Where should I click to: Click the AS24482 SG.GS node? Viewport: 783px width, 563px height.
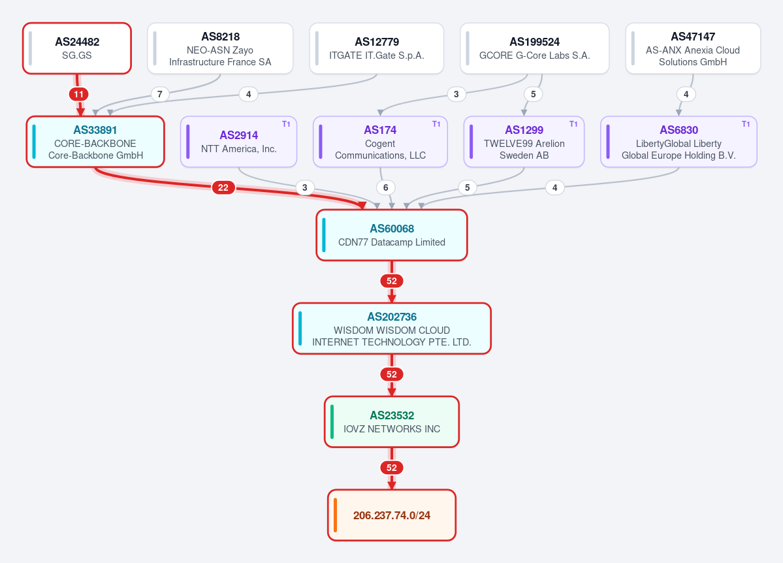point(77,48)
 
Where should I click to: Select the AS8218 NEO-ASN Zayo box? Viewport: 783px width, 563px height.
point(220,48)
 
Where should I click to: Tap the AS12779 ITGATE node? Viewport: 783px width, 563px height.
point(377,48)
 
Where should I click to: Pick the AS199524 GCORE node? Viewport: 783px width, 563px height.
point(534,48)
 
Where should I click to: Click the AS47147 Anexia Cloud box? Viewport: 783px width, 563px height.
point(693,48)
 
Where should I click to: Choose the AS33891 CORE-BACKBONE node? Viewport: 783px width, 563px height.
point(95,142)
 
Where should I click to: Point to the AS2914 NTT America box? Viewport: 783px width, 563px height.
point(239,142)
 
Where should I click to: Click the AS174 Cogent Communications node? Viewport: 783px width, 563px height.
point(380,142)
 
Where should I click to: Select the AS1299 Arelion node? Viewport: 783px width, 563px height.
point(524,142)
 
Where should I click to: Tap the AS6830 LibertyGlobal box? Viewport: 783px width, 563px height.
point(679,142)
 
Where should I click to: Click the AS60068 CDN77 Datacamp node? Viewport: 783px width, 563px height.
point(392,235)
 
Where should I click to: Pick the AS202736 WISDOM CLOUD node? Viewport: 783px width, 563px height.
point(392,329)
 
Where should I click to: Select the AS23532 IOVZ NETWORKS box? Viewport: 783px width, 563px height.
point(392,422)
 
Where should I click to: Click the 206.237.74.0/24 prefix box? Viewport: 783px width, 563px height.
point(392,515)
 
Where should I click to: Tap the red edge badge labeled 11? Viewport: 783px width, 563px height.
point(79,94)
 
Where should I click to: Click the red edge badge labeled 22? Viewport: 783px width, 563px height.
point(223,187)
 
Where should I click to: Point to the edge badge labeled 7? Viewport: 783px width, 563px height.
point(160,94)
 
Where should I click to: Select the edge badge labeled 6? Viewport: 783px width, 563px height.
point(385,187)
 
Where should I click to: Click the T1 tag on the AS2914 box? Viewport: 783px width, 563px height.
point(286,124)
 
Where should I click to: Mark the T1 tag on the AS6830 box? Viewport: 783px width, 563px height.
point(746,124)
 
